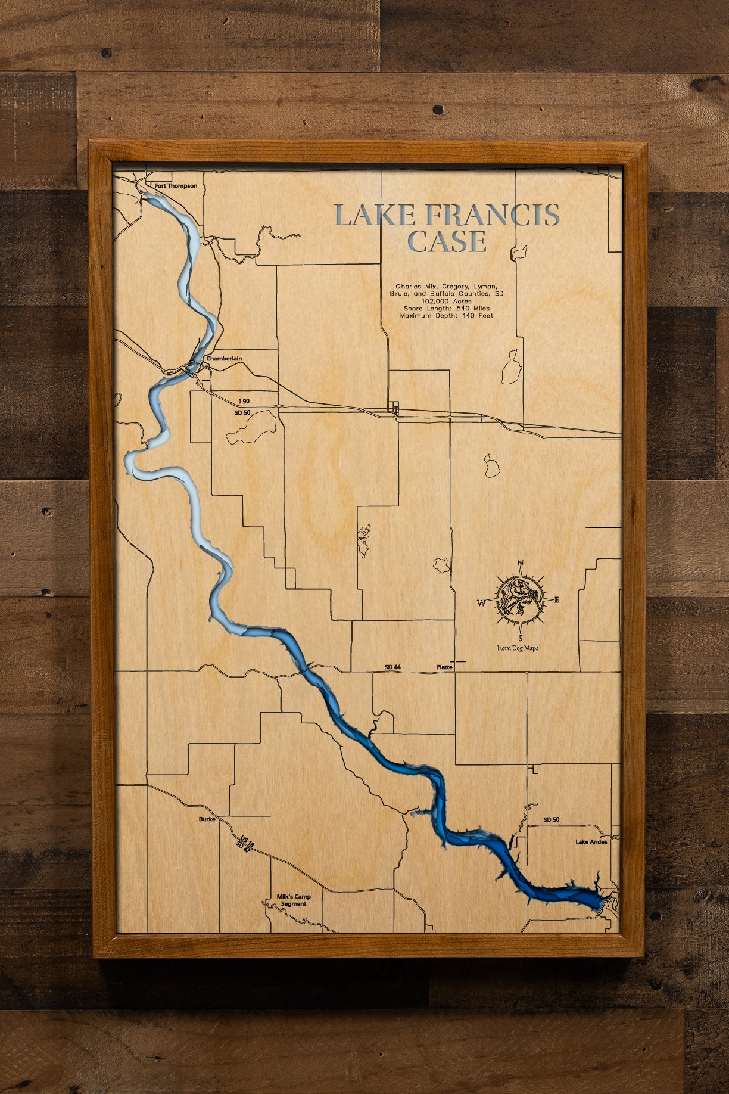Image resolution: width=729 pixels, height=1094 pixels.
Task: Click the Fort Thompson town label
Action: [x=176, y=186]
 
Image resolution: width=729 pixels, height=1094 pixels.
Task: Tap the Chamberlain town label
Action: [x=224, y=359]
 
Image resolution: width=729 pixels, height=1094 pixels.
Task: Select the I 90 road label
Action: [x=244, y=402]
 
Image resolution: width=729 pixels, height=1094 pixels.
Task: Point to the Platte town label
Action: [x=444, y=667]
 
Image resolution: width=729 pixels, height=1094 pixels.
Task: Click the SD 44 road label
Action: [x=392, y=667]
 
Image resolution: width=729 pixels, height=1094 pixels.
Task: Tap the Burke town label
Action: [x=207, y=819]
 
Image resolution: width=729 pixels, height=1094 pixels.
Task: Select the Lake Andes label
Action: [x=591, y=842]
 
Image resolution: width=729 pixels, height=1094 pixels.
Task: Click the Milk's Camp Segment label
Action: [x=294, y=900]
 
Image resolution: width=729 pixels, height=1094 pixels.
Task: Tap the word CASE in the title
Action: [x=447, y=241]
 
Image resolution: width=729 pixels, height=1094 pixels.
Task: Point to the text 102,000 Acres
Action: [x=446, y=302]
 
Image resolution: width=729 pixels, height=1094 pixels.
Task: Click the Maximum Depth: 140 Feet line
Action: [x=446, y=316]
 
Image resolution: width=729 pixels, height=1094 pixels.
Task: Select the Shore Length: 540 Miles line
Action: [x=446, y=309]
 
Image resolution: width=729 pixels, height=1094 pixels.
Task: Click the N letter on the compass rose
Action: [x=520, y=563]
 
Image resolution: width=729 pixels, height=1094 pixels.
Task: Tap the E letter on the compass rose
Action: [x=556, y=600]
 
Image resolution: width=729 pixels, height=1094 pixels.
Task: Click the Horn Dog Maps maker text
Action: [x=518, y=648]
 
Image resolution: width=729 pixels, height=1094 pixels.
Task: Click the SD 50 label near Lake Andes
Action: [x=551, y=820]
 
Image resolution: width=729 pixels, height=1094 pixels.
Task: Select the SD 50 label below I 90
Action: [x=242, y=412]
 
